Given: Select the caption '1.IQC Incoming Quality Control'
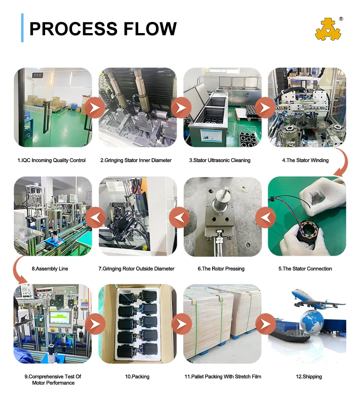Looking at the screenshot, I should (x=51, y=160).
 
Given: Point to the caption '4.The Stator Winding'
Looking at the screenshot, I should (x=305, y=160).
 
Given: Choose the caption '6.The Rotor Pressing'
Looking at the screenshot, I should (x=221, y=269).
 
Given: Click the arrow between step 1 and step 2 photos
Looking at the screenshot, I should (x=95, y=107).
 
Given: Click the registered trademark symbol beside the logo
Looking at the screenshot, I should (x=341, y=19).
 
